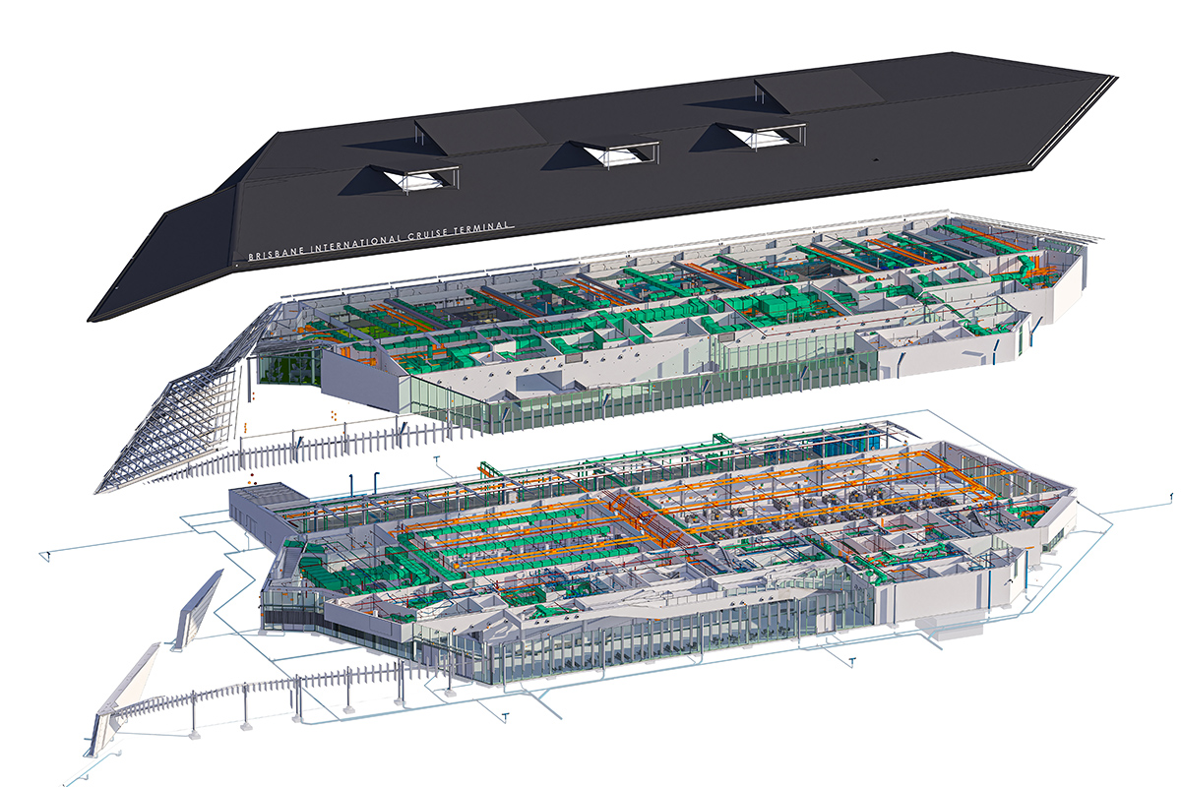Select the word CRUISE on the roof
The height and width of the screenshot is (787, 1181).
click(x=427, y=232)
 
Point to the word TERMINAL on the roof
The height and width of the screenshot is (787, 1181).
click(x=483, y=226)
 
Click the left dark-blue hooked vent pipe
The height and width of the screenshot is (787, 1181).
click(x=351, y=484)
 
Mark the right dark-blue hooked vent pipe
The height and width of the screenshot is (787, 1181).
click(x=375, y=482)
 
